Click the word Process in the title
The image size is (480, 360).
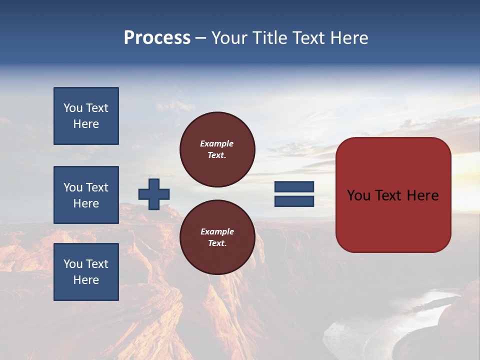157,38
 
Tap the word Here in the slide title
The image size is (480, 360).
348,38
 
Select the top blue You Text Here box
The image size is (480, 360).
86,116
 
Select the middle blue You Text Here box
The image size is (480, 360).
86,195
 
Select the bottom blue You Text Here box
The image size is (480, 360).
86,272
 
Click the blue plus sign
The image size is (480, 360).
154,194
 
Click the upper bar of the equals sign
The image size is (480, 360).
294,187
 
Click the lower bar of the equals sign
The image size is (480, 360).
294,201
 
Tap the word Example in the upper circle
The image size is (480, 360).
216,143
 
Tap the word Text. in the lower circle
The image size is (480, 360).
216,243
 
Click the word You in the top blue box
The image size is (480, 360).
73,108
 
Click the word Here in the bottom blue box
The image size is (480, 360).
86,280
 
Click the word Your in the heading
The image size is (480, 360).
228,38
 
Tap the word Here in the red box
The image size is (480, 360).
423,195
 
